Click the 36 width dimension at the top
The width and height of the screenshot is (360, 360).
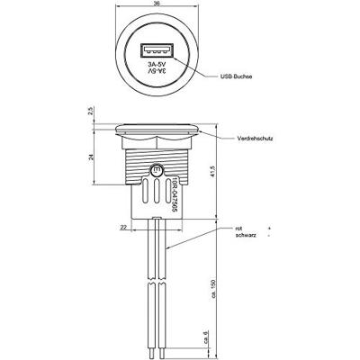pyautogui.click(x=157, y=3)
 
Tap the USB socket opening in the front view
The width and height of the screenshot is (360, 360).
pyautogui.click(x=157, y=50)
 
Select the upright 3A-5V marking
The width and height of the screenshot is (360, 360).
pyautogui.click(x=157, y=65)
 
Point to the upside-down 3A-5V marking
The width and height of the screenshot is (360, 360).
pyautogui.click(x=157, y=71)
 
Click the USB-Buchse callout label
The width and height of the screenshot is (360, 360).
pyautogui.click(x=236, y=76)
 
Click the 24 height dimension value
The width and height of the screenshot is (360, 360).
pyautogui.click(x=91, y=157)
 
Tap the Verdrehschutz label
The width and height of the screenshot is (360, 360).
pyautogui.click(x=255, y=139)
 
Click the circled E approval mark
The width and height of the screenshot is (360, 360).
pyautogui.click(x=156, y=171)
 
